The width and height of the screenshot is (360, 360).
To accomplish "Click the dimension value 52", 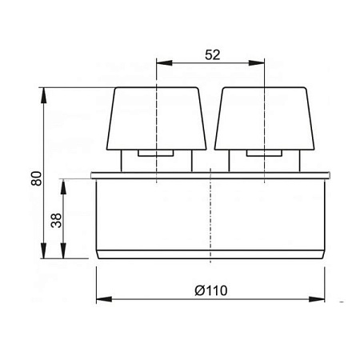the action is pyautogui.click(x=213, y=55).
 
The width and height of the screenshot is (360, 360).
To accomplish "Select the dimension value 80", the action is pyautogui.click(x=37, y=178).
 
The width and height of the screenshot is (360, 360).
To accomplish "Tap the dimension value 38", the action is pyautogui.click(x=56, y=220).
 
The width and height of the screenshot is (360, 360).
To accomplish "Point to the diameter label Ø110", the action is pyautogui.click(x=211, y=290).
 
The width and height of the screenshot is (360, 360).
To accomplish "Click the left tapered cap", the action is pyautogui.click(x=157, y=118).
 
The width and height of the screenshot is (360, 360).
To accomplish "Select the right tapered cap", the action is pyautogui.click(x=265, y=118).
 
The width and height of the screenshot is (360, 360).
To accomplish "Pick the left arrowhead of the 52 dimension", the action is pyautogui.click(x=164, y=63).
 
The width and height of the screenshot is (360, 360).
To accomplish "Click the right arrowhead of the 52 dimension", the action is pyautogui.click(x=257, y=63).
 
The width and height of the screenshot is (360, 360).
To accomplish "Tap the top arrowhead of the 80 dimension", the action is pyautogui.click(x=43, y=95).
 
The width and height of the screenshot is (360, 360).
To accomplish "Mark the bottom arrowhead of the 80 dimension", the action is pyautogui.click(x=43, y=250).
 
